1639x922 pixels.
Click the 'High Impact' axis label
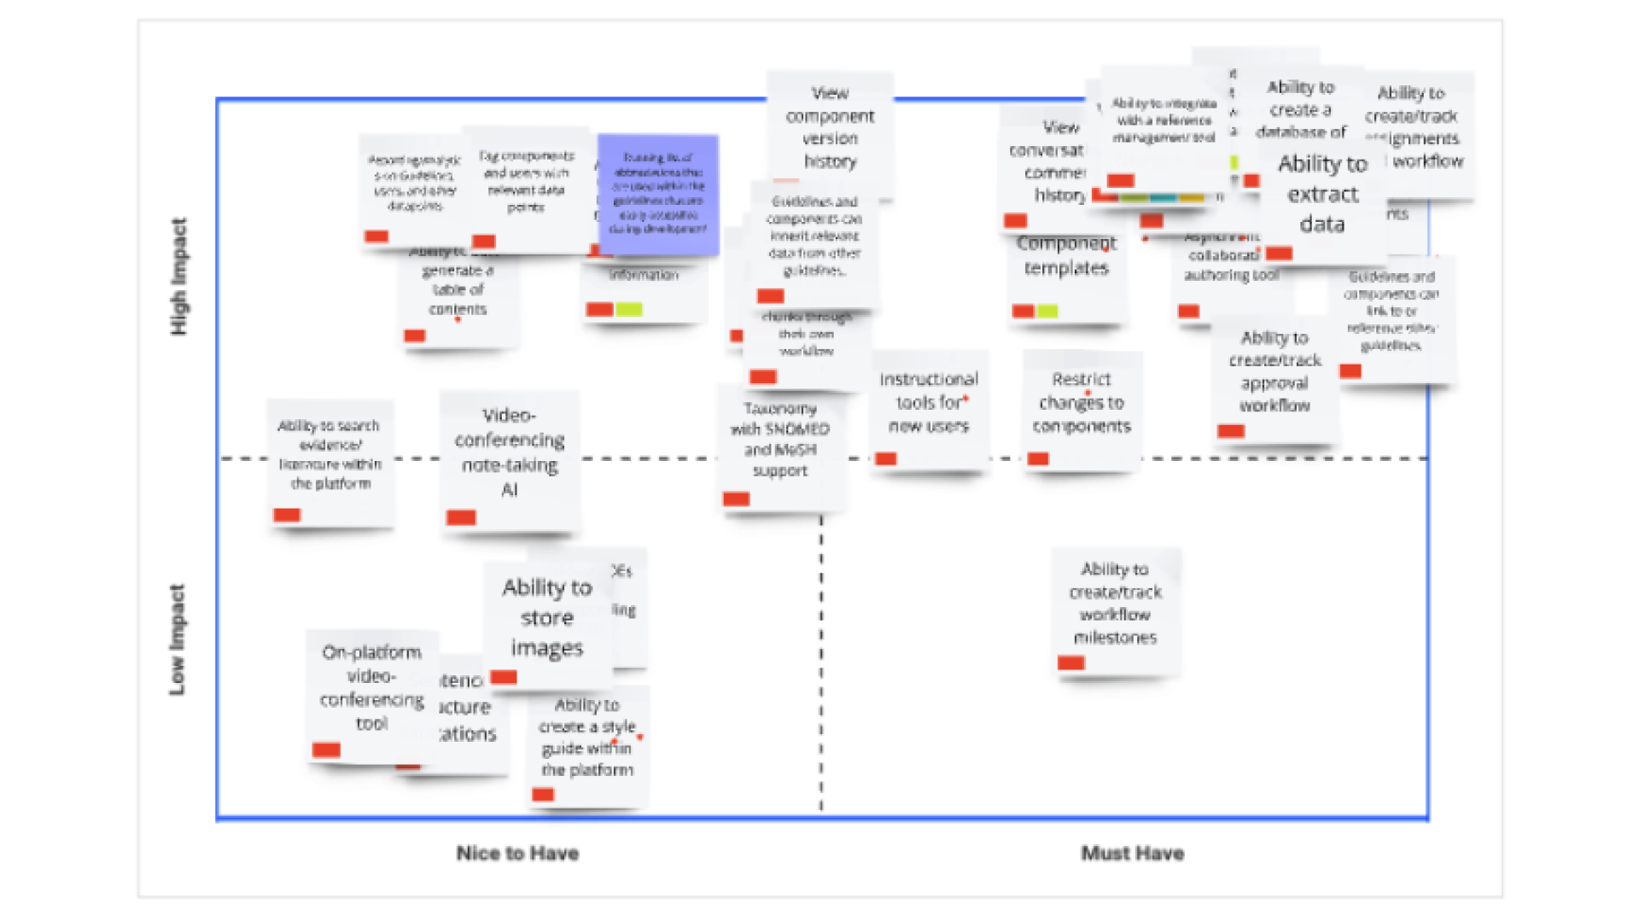tap(178, 277)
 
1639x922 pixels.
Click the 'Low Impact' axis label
tap(177, 639)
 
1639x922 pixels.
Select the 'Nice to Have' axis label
tap(517, 853)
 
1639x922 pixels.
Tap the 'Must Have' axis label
tap(1132, 853)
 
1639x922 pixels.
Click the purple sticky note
tap(658, 194)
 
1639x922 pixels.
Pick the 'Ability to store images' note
tap(547, 618)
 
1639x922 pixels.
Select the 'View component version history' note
tap(830, 127)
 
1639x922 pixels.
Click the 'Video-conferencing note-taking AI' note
tap(510, 452)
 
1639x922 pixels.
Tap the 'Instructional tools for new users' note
tap(929, 402)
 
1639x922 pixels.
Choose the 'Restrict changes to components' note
tap(1082, 403)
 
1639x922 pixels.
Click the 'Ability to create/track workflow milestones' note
tap(1115, 604)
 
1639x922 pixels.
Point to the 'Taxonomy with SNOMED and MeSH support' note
tap(780, 440)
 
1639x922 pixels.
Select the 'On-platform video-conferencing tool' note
tap(371, 688)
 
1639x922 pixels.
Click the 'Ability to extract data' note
tap(1322, 195)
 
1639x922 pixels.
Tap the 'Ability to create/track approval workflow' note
tap(1274, 372)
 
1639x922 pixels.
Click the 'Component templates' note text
tap(1066, 256)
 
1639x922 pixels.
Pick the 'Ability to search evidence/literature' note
tap(330, 454)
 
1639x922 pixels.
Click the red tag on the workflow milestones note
tap(1070, 662)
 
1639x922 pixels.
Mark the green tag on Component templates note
tap(1048, 311)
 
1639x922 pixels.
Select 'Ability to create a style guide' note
tap(587, 738)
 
